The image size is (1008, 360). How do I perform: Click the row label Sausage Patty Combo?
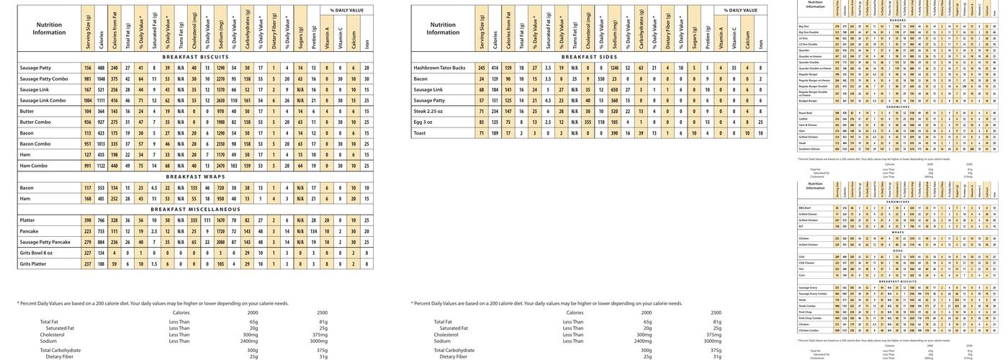click(x=44, y=78)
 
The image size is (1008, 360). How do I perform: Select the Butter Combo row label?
click(x=35, y=122)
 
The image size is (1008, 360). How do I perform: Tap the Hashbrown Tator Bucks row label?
click(x=439, y=68)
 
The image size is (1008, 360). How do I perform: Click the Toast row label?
click(x=420, y=132)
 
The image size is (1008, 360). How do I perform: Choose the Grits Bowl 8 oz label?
click(x=36, y=253)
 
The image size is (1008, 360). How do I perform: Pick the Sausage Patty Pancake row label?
click(x=45, y=242)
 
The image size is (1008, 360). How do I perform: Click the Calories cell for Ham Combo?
click(x=101, y=166)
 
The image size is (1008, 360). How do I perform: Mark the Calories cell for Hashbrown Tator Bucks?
click(x=495, y=68)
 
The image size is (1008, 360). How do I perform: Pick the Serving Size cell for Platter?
click(x=88, y=220)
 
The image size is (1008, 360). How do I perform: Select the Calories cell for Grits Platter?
click(x=101, y=264)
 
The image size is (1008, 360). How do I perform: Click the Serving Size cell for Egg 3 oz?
click(x=482, y=122)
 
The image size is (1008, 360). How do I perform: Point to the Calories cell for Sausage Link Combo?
click(x=101, y=100)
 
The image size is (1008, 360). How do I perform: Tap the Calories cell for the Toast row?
click(x=495, y=132)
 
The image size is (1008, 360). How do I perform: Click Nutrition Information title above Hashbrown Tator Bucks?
click(x=443, y=28)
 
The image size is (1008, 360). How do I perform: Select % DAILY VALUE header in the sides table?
click(x=741, y=10)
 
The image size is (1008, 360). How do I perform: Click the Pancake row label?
click(x=30, y=231)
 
